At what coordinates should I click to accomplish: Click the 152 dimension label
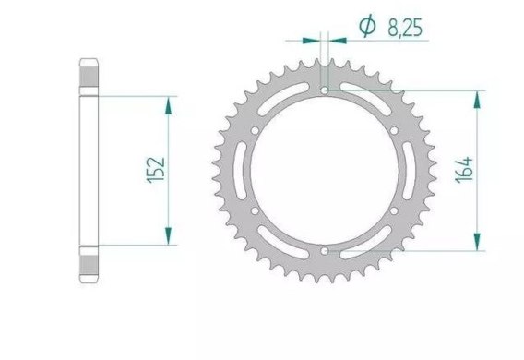coord(156,170)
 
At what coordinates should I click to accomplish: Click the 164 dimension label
coord(465,170)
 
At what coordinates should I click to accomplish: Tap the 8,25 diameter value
coord(405,28)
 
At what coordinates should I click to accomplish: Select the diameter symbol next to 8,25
coord(367,26)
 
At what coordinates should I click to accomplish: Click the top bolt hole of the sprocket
coord(324,90)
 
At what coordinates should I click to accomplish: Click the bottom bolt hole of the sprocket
coord(324,251)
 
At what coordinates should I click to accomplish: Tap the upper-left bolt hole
coord(255,130)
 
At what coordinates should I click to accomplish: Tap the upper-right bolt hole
coord(394,130)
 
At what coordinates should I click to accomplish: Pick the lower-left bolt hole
coord(255,210)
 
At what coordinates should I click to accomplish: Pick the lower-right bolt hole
coord(394,210)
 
